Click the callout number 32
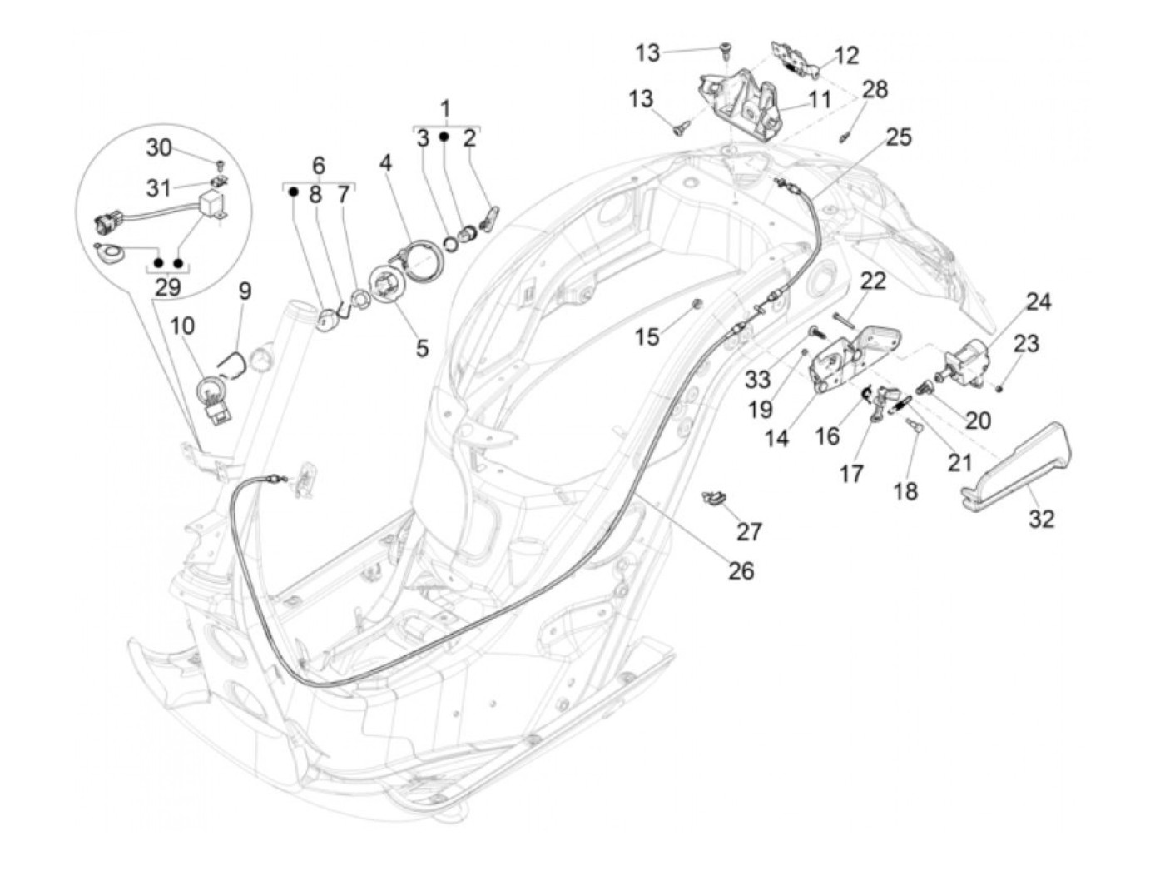point(1041,519)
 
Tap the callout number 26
point(741,570)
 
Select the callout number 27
point(749,530)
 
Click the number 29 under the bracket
point(168,288)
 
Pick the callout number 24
point(1038,301)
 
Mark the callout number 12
point(846,56)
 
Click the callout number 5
point(422,347)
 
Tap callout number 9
point(245,291)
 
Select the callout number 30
point(159,147)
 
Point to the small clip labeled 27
point(712,499)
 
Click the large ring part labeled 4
point(424,257)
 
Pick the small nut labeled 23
point(999,387)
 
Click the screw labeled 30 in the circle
point(221,163)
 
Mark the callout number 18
point(905,491)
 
